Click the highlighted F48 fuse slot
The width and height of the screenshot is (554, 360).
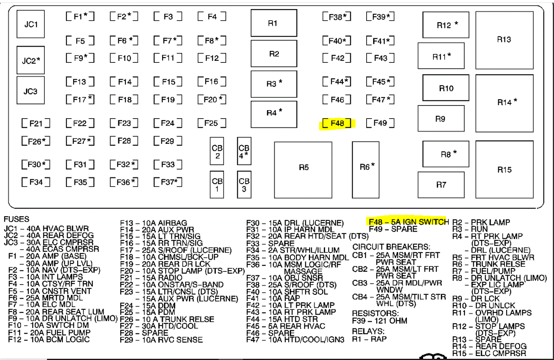(337, 124)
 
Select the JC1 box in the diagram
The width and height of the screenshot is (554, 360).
(30, 24)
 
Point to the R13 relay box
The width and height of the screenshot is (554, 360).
(504, 40)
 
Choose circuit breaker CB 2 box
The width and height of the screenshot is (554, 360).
(217, 151)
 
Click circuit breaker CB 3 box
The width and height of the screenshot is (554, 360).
(244, 185)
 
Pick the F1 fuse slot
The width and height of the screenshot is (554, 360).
(80, 17)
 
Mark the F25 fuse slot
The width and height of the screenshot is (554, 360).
(212, 123)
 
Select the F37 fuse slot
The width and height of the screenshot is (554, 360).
(168, 182)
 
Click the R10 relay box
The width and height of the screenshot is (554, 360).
(446, 88)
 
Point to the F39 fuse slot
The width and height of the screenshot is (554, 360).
(380, 17)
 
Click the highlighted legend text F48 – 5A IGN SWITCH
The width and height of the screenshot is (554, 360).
(408, 222)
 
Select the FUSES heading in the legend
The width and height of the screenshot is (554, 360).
(16, 219)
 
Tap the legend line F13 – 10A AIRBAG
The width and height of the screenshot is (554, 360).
(153, 223)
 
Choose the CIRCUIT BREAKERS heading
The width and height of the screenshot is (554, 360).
(391, 247)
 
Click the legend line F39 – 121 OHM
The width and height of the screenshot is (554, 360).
(379, 321)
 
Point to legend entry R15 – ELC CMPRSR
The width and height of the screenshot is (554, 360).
(489, 353)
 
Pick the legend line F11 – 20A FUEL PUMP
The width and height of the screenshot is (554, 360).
(49, 333)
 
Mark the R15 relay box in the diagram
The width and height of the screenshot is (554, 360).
(504, 170)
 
